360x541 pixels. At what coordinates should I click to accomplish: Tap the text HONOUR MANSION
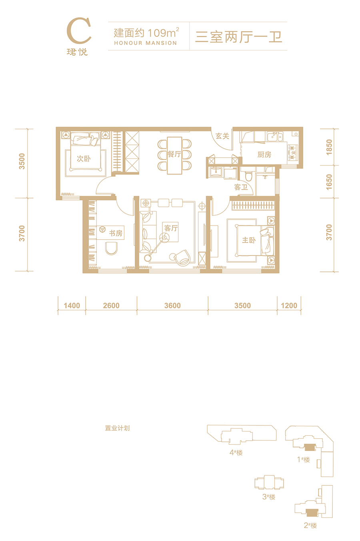coord(146,43)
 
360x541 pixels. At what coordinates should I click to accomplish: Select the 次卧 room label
coord(84,159)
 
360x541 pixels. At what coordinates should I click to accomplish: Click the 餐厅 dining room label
coord(174,154)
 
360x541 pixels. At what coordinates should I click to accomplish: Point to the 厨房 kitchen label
coord(264,155)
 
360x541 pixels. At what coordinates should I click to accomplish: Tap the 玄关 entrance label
coord(222,136)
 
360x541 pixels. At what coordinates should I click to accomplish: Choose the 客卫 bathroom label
coord(241,187)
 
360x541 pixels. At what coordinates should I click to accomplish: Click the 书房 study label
coord(116,233)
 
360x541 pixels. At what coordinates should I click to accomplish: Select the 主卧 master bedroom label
coord(249,240)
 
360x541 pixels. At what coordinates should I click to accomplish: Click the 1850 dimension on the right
coord(329,147)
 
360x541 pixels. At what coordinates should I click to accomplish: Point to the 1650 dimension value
coord(329,182)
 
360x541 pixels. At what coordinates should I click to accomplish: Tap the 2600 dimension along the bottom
coord(111,305)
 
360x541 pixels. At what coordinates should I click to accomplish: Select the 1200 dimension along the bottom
coord(289,305)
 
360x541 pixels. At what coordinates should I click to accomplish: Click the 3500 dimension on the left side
coord(22,161)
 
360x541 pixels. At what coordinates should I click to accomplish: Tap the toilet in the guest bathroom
coord(248,176)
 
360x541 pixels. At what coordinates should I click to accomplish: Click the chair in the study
coord(111,249)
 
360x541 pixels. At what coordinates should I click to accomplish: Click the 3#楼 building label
coord(269,497)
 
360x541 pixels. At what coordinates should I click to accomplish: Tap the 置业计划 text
coord(118,428)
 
